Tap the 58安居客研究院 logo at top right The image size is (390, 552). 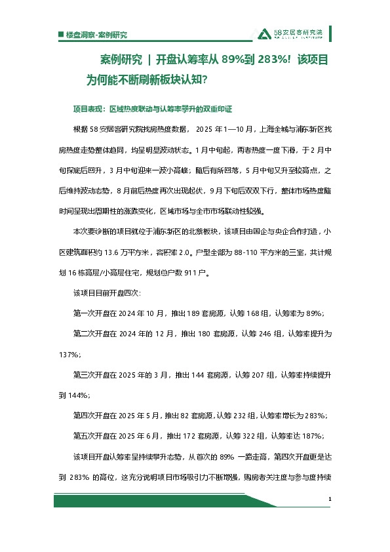pyautogui.click(x=292, y=34)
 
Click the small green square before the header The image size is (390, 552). pyautogui.click(x=60, y=35)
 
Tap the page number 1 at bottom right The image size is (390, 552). pyautogui.click(x=330, y=500)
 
